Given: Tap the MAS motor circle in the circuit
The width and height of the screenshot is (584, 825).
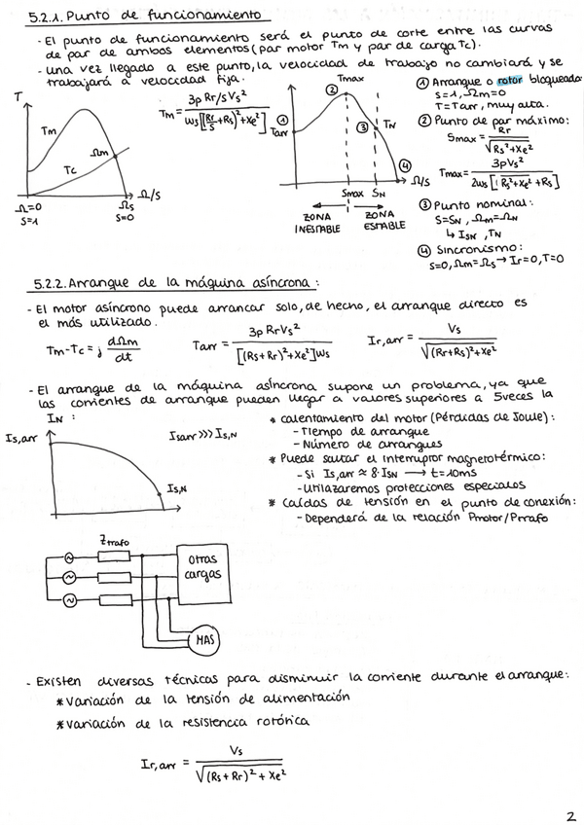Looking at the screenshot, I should tap(205, 640).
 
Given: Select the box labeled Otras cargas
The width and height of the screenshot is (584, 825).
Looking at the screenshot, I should tap(201, 567).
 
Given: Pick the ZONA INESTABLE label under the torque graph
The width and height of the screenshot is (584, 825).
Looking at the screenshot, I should tap(315, 220).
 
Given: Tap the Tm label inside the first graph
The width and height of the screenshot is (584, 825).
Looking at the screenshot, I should tap(49, 129).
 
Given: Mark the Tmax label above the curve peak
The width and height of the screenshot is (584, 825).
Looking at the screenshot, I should tap(347, 77).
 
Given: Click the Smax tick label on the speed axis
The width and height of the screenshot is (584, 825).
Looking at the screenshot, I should tap(352, 195).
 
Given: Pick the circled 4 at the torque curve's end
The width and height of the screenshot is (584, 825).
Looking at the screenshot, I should tap(405, 165).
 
